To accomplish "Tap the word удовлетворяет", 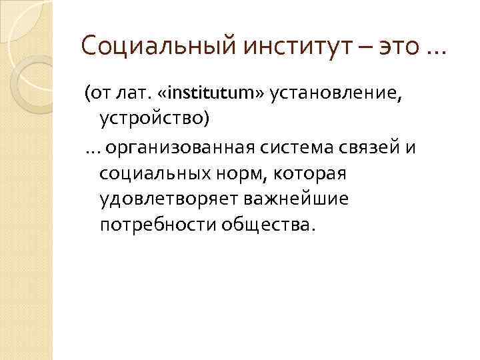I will [x=168, y=199].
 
